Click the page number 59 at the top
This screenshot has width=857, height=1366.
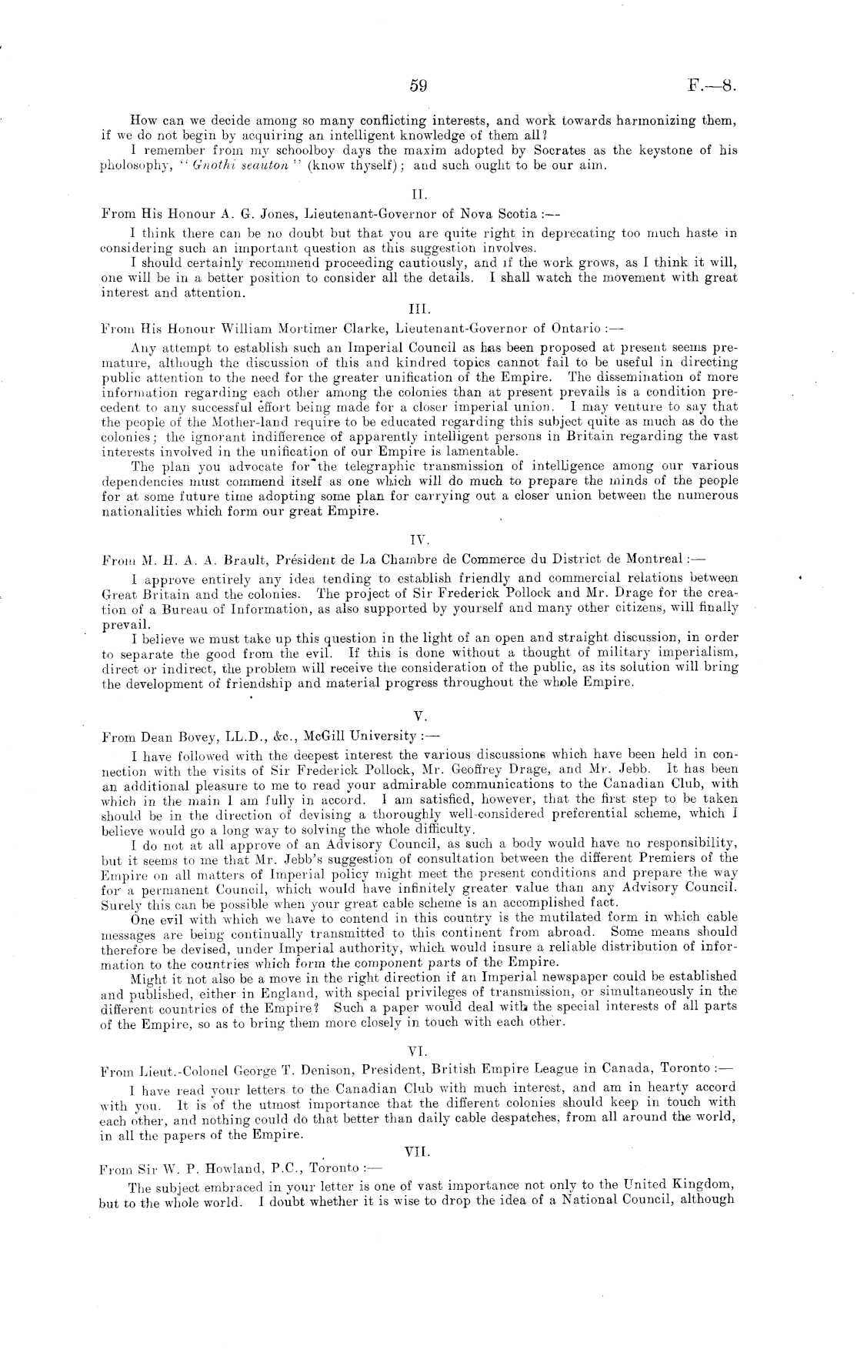coord(418,87)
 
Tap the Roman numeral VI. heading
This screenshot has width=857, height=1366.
coord(418,1050)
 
